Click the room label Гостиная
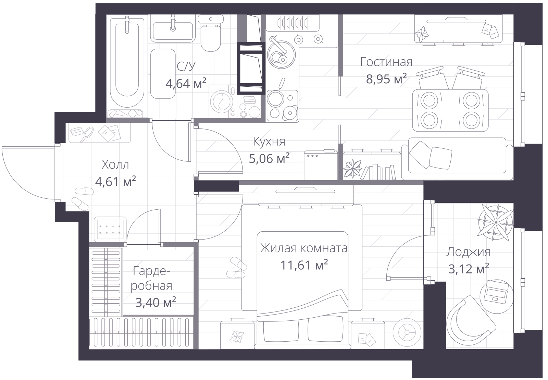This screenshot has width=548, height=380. tap(386, 62)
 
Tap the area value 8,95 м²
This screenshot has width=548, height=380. tap(386, 79)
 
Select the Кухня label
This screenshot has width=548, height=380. tap(269, 142)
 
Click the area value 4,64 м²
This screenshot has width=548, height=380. tap(186, 84)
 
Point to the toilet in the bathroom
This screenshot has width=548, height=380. tap(211, 33)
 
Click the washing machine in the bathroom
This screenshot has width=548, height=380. tap(223, 101)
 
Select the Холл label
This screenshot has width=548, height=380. tap(115, 165)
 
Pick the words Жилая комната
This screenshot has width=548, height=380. tap(303, 248)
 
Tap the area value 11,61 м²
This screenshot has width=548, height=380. tap(304, 265)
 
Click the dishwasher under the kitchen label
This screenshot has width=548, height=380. tap(321, 165)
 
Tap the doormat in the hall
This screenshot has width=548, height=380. tap(110, 229)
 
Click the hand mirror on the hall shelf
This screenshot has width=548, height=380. tap(87, 134)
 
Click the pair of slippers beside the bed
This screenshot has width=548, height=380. tap(236, 268)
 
